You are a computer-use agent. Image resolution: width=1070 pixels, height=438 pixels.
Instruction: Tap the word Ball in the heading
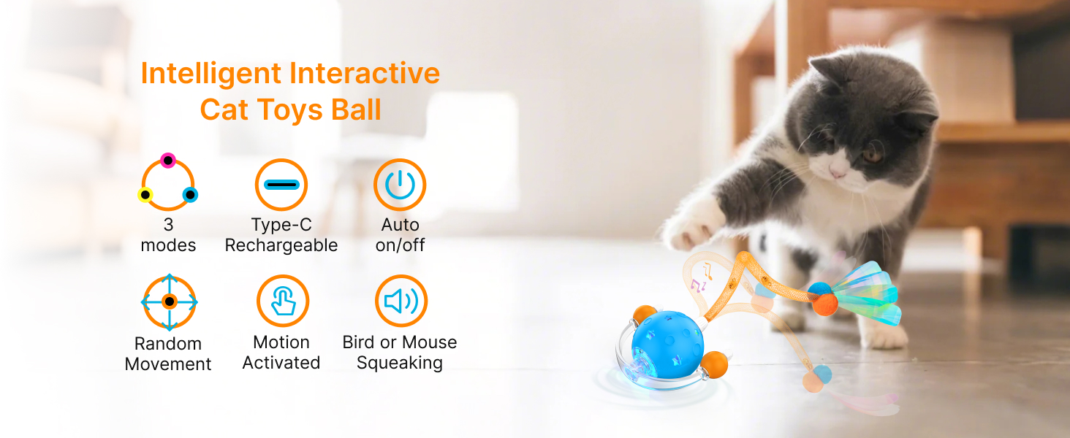(356, 109)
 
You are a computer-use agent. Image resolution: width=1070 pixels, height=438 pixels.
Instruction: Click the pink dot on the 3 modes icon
(167, 161)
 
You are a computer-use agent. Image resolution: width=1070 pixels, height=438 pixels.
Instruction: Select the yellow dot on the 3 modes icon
(145, 195)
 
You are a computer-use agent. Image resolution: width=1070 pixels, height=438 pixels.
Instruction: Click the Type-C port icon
(281, 185)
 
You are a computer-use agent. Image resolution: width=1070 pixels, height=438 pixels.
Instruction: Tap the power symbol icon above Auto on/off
(400, 185)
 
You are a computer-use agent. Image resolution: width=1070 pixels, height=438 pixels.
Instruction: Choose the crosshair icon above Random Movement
(169, 302)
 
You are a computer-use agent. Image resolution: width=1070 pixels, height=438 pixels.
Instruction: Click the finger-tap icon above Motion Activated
(283, 301)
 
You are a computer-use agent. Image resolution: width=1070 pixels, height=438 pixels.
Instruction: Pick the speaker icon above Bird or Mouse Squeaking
(401, 301)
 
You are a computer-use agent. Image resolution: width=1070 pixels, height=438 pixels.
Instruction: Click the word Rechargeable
(281, 245)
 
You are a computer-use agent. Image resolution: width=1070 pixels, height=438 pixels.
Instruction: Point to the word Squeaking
(400, 363)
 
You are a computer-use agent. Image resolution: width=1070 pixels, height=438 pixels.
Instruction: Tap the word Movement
(168, 364)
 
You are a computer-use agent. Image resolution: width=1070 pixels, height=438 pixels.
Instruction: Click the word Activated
(281, 363)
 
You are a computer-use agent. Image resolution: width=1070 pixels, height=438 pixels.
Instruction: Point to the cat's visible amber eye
(872, 153)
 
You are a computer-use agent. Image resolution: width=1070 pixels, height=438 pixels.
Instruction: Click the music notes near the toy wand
(701, 280)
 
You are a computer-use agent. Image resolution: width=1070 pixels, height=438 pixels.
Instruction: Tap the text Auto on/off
(400, 235)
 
